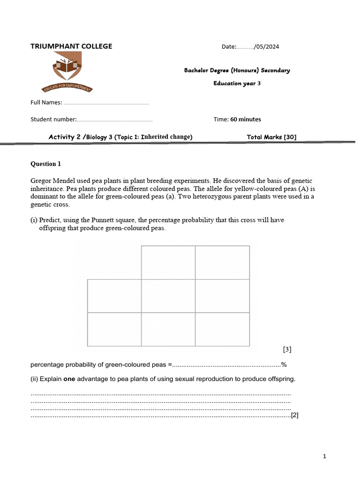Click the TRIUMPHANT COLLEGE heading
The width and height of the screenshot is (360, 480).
(x=71, y=46)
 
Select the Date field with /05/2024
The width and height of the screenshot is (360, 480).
(x=250, y=46)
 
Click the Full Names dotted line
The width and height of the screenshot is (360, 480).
(x=106, y=103)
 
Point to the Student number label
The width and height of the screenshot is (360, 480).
(x=53, y=119)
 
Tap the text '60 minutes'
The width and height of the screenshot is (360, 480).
(x=246, y=119)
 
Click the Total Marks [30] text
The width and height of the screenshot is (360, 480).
(x=271, y=137)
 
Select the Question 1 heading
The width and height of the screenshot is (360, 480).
(x=46, y=164)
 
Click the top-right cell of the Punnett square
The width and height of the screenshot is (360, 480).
(x=222, y=262)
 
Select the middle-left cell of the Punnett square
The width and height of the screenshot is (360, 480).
(x=114, y=296)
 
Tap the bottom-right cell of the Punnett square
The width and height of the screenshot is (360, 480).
(x=222, y=330)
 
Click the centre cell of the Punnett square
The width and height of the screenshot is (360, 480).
(x=168, y=296)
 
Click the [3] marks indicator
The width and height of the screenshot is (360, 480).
(x=287, y=349)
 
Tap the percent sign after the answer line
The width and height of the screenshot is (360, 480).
(x=284, y=365)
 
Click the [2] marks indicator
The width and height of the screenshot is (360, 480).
(x=295, y=415)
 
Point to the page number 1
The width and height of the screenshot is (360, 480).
(x=324, y=456)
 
